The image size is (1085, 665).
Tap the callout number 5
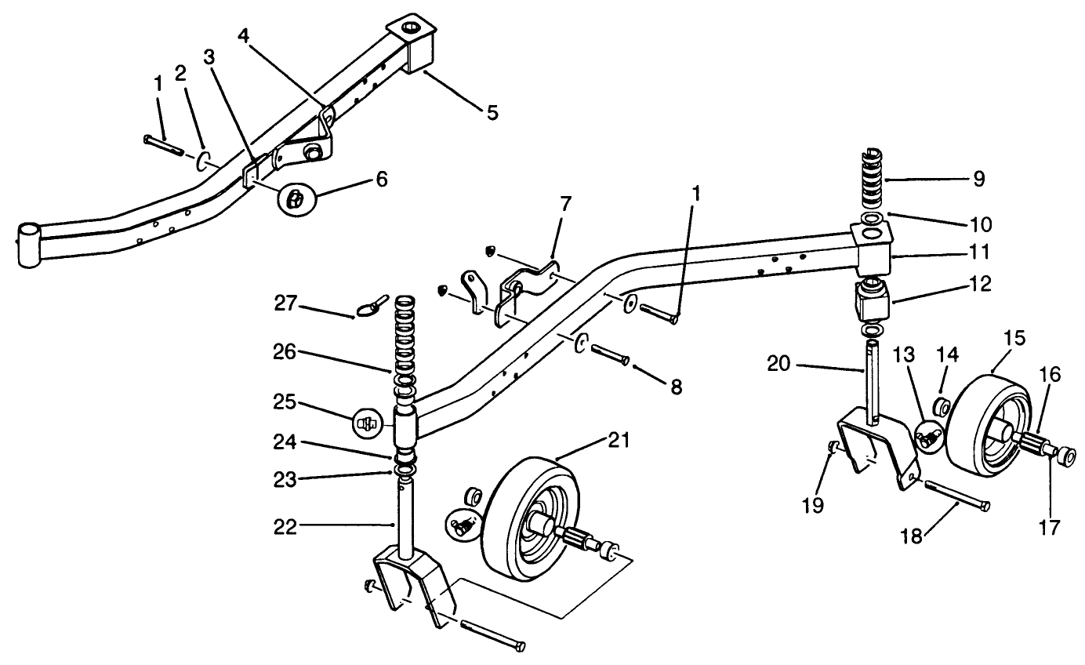tap(492, 112)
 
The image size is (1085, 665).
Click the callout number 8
tap(675, 386)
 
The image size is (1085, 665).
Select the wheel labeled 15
tap(984, 427)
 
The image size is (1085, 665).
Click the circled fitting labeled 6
tap(295, 200)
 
